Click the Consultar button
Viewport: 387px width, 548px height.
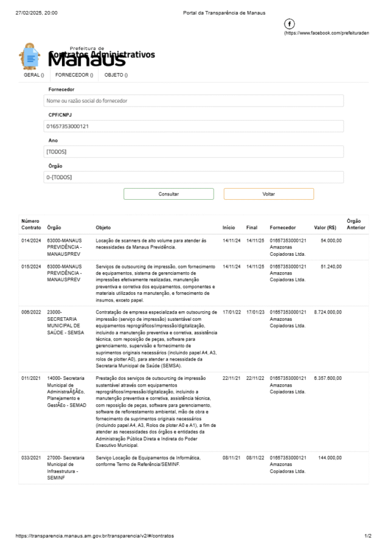[x=169, y=194]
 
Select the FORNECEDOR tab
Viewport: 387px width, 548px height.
[x=74, y=75]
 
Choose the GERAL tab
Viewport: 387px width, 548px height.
[x=34, y=75]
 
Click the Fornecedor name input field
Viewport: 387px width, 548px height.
[x=193, y=101]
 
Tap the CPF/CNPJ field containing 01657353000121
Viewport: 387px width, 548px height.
[x=193, y=127]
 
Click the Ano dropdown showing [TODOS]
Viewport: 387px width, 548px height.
[x=193, y=152]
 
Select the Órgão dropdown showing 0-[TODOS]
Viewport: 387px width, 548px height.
[x=193, y=177]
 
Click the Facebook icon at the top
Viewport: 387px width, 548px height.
[x=290, y=24]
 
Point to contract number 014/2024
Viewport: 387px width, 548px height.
[x=31, y=241]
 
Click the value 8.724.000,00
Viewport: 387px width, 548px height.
[x=328, y=312]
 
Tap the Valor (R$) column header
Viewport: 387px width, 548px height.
[x=325, y=228]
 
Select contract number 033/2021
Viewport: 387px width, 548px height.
[x=31, y=457]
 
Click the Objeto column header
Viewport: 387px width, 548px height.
[x=103, y=228]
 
